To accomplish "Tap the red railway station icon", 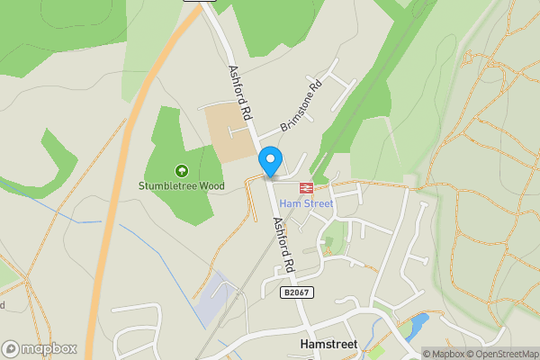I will coord(306,188).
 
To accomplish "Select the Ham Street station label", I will coord(306,203).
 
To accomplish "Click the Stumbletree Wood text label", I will coord(181,186).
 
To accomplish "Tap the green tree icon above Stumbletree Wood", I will coord(181,170).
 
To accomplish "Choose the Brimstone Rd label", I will coord(301,108).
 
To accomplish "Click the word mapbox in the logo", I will coord(49,348).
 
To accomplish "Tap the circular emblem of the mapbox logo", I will coord(12,348).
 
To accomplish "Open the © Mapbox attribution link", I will coord(443,354).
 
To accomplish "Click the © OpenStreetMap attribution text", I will coord(501,354).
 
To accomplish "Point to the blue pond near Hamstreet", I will coord(418,326).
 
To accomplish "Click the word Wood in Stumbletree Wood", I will coord(210,186).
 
